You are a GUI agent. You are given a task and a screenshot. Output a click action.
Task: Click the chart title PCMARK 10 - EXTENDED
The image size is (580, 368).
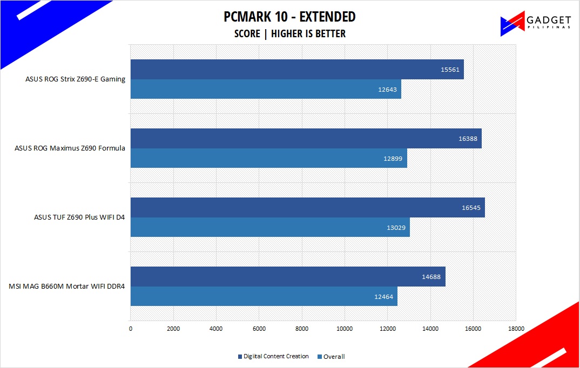(x=289, y=17)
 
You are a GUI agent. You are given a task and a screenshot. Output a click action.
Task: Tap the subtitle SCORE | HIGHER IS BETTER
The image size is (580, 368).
(x=289, y=33)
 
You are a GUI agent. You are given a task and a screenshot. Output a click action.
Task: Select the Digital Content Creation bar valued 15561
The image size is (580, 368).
(x=297, y=70)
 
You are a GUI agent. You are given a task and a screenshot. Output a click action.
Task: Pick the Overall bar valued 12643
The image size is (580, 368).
(x=266, y=89)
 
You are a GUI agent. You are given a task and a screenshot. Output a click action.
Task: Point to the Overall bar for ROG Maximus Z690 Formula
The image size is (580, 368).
(x=268, y=158)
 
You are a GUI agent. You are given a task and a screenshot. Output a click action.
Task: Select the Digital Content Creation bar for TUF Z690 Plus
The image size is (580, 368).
(x=307, y=208)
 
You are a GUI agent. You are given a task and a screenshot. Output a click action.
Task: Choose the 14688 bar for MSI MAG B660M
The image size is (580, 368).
(x=288, y=276)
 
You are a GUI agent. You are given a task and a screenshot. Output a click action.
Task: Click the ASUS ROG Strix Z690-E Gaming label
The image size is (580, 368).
(x=75, y=79)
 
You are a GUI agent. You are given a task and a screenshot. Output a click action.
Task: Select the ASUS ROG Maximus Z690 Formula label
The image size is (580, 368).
(x=70, y=148)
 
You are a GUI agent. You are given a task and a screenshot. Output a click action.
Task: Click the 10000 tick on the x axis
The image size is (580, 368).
(x=345, y=328)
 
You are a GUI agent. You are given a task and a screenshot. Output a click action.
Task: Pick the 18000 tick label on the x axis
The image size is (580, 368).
(x=515, y=328)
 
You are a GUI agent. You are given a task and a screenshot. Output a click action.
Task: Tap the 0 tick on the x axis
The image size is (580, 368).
(x=131, y=328)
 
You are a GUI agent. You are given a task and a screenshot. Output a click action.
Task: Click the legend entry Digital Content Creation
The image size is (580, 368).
(x=273, y=357)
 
